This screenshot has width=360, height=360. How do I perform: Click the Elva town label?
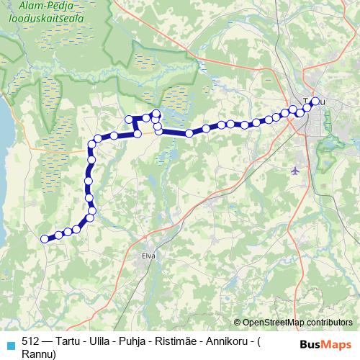(149, 255)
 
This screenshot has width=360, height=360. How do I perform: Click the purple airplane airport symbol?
(295, 171)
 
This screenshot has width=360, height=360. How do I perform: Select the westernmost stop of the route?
(45, 239)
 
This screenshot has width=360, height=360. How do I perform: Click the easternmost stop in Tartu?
(315, 101)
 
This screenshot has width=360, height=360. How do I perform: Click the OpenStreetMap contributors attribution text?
(297, 323)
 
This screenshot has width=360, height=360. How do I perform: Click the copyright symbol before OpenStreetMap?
(238, 323)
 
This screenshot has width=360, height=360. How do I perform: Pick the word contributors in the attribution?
(328, 323)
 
